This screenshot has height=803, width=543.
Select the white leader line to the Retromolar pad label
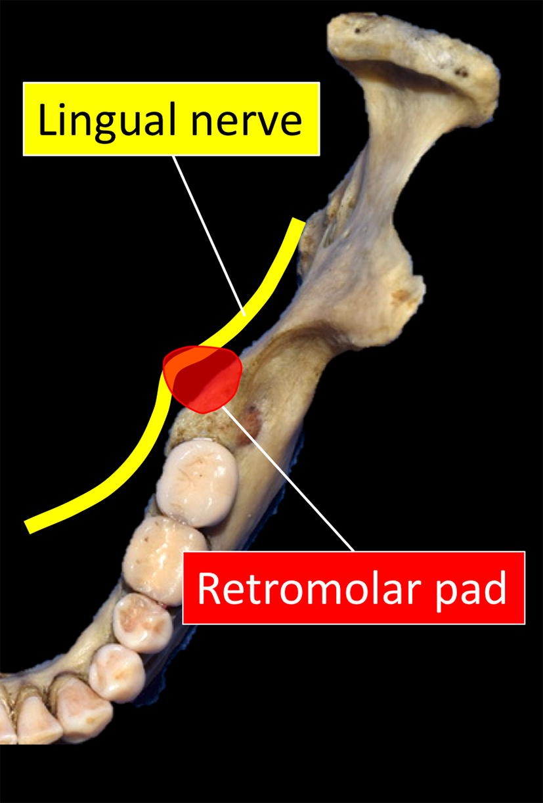(289, 479)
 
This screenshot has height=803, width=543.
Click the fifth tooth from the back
(82, 710)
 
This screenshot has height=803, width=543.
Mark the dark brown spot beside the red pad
(252, 417)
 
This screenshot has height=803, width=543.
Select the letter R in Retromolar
(208, 588)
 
